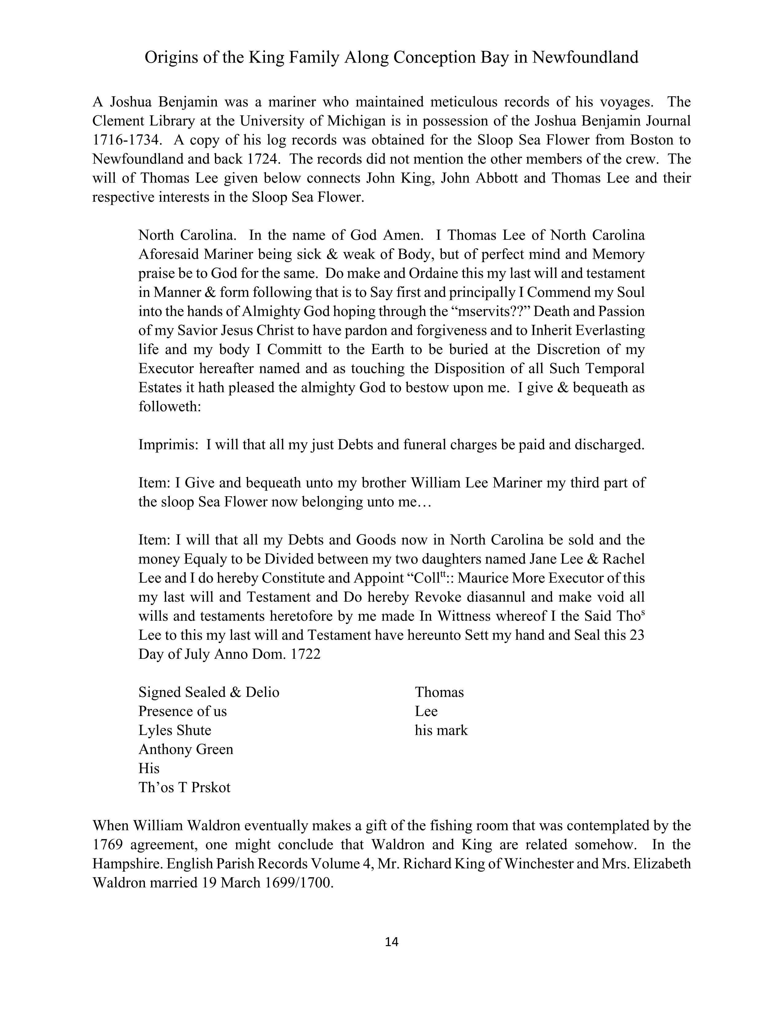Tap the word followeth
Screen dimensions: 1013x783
point(169,407)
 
